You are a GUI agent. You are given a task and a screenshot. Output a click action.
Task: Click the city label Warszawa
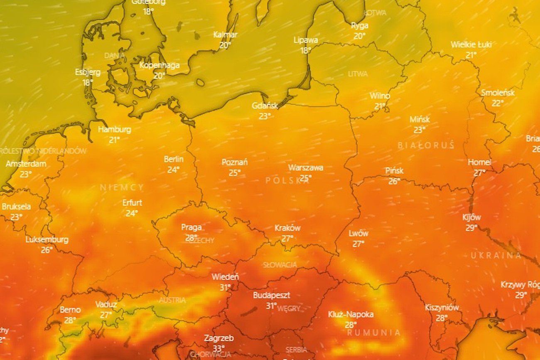tap(306, 168)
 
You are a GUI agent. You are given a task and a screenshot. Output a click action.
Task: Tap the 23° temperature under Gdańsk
tap(265, 116)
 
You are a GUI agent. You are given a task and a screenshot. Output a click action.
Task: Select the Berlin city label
tap(174, 159)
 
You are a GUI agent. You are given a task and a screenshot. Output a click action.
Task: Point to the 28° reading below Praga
tap(191, 238)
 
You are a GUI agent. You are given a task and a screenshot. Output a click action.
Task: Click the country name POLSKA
tap(288, 180)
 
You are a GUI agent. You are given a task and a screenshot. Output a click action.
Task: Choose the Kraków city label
tap(287, 228)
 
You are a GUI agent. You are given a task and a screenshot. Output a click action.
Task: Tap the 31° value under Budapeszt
tap(271, 306)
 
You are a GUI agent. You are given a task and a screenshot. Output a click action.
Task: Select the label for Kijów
tap(471, 217)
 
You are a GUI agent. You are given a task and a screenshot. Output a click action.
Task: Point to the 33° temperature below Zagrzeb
tap(218, 348)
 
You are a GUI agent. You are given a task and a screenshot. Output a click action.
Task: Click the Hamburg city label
tap(114, 130)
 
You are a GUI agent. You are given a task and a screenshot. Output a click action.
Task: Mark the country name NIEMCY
tap(122, 187)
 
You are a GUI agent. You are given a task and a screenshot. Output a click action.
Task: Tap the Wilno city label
tap(380, 96)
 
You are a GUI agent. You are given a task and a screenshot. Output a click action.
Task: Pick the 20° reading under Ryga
tap(359, 36)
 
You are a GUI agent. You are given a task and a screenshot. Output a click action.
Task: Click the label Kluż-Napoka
tap(351, 314)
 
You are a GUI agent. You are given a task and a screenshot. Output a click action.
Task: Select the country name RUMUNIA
tap(374, 333)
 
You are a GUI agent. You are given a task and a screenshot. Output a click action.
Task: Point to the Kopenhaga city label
tap(160, 65)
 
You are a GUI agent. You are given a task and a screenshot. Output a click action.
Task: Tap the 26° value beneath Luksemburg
tap(47, 250)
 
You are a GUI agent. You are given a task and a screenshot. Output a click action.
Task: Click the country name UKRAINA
tap(496, 255)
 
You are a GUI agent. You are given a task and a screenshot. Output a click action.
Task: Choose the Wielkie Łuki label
tap(471, 45)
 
